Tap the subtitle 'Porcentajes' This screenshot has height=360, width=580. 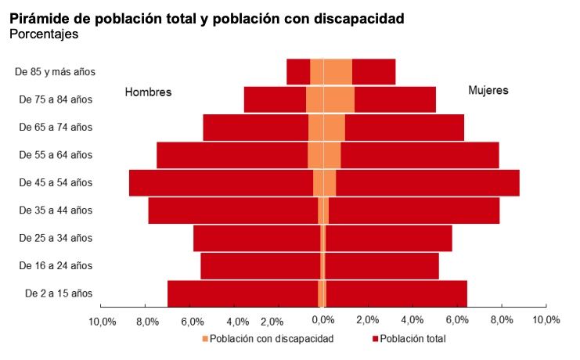44,34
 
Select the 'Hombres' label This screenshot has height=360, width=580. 148,92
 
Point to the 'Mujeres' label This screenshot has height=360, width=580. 488,90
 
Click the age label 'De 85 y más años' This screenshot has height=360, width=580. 55,71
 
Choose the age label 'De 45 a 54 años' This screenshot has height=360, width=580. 56,182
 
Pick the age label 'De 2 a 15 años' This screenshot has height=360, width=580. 58,293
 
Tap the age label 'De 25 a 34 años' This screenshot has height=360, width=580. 56,238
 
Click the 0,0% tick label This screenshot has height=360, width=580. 322,320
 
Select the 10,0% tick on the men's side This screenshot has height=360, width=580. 103,320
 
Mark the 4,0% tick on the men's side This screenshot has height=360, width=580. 237,320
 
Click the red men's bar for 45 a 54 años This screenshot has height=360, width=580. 219,182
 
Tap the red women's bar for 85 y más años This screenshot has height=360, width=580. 373,71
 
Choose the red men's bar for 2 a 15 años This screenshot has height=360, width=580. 243,293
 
